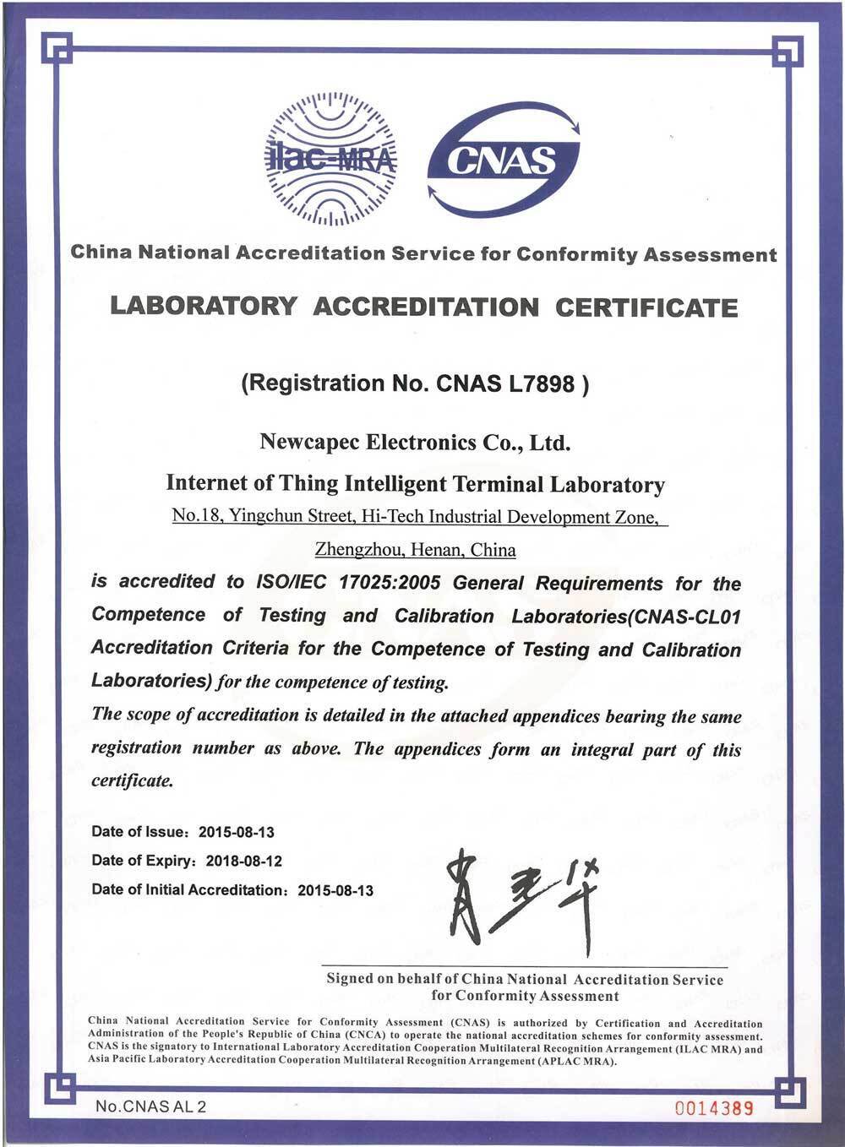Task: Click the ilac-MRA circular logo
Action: (x=330, y=158)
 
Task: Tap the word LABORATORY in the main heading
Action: (x=203, y=306)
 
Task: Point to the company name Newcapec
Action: (x=310, y=442)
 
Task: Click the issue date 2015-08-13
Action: (x=237, y=832)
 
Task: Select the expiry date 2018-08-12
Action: (x=244, y=862)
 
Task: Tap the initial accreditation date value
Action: (x=335, y=890)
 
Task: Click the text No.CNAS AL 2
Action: (x=150, y=1106)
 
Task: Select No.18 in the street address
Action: (x=196, y=516)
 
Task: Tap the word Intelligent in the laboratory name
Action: (x=396, y=484)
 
